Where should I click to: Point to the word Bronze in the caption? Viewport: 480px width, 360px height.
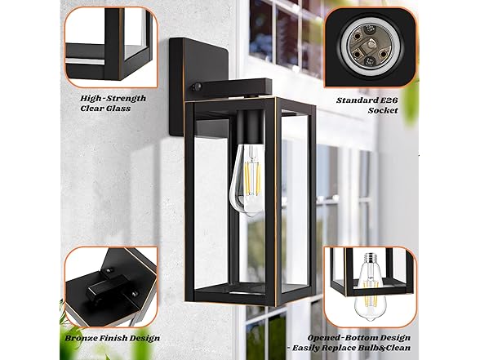(81, 338)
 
